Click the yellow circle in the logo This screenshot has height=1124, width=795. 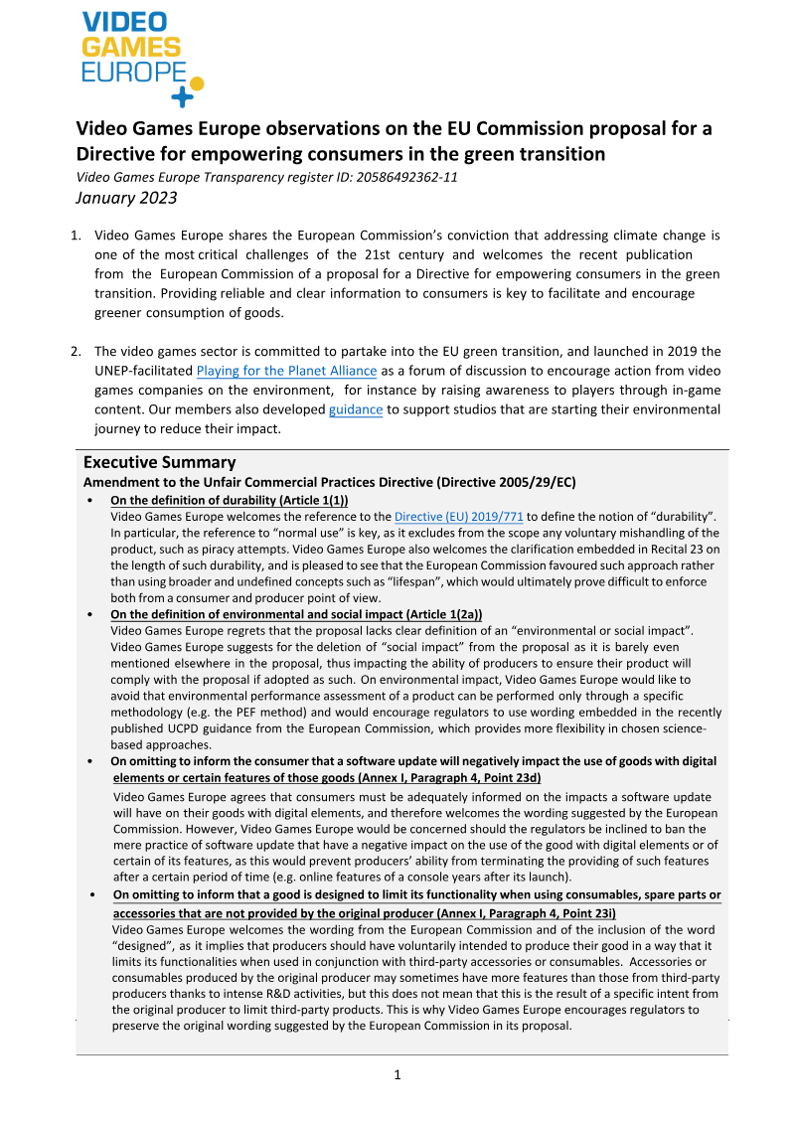click(x=196, y=83)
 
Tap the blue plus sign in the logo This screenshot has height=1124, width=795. click(x=181, y=96)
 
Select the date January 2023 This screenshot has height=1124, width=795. click(x=126, y=197)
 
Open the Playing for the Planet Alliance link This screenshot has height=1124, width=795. click(x=286, y=372)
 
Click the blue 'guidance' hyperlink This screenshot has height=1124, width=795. click(x=355, y=409)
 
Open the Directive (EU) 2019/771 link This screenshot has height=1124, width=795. click(x=458, y=517)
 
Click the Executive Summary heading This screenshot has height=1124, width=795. click(x=159, y=462)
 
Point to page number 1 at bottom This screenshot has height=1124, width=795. click(x=397, y=1074)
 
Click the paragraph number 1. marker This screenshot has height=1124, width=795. click(x=76, y=236)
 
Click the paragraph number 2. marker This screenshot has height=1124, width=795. click(x=76, y=352)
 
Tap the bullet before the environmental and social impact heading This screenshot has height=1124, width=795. click(x=91, y=615)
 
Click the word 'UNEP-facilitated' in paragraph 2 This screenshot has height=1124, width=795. click(x=143, y=372)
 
